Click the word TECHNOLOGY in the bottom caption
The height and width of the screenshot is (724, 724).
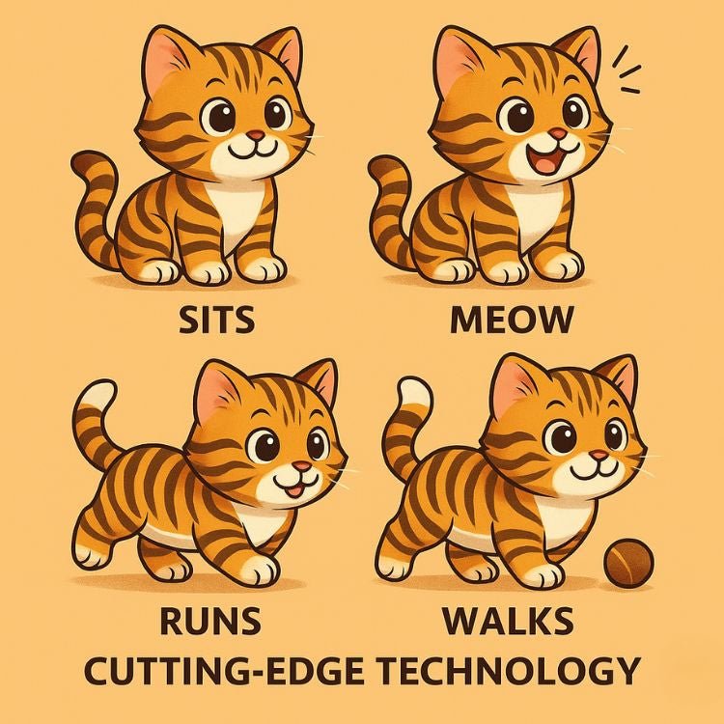click(508, 670)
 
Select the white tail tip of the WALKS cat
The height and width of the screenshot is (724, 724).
click(409, 393)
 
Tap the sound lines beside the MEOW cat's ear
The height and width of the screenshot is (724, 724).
click(627, 72)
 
